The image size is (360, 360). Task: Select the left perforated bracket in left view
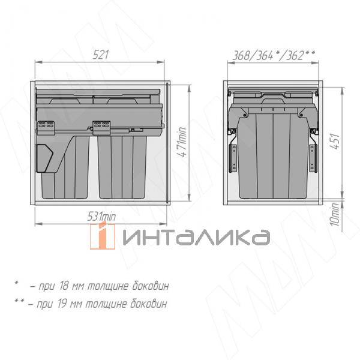click(46, 127)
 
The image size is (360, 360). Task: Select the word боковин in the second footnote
click(148, 303)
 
